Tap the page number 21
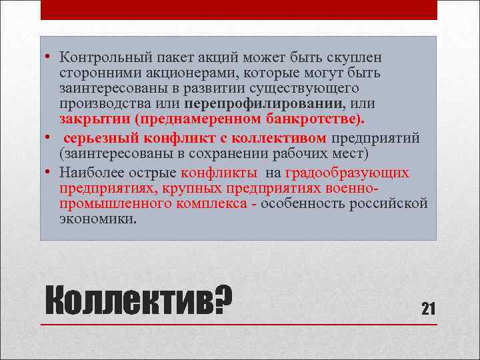(x=428, y=308)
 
